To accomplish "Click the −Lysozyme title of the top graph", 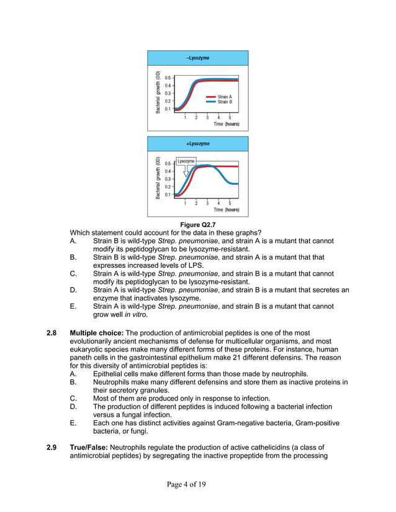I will (x=197, y=58).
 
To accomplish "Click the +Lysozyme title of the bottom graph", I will (x=197, y=144).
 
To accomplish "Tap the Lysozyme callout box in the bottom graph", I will (x=186, y=161).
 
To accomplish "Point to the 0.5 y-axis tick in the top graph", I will (x=168, y=78).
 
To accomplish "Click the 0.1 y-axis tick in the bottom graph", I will (x=168, y=194).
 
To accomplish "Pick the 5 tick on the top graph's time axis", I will (x=230, y=117).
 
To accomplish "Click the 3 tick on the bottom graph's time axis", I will (x=207, y=203).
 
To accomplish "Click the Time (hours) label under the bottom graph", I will (x=227, y=210).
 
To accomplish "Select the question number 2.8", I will (x=53, y=333).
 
